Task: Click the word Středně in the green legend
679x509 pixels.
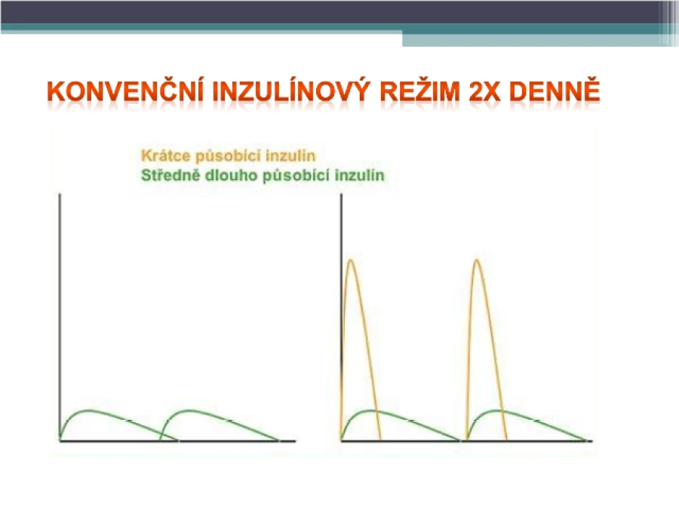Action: click(171, 175)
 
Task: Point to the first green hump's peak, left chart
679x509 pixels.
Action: click(89, 410)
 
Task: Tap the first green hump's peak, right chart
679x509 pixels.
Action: click(370, 410)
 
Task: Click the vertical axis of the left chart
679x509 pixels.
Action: click(60, 317)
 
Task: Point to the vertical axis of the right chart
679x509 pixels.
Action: click(341, 317)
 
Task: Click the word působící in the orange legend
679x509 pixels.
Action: click(228, 156)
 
